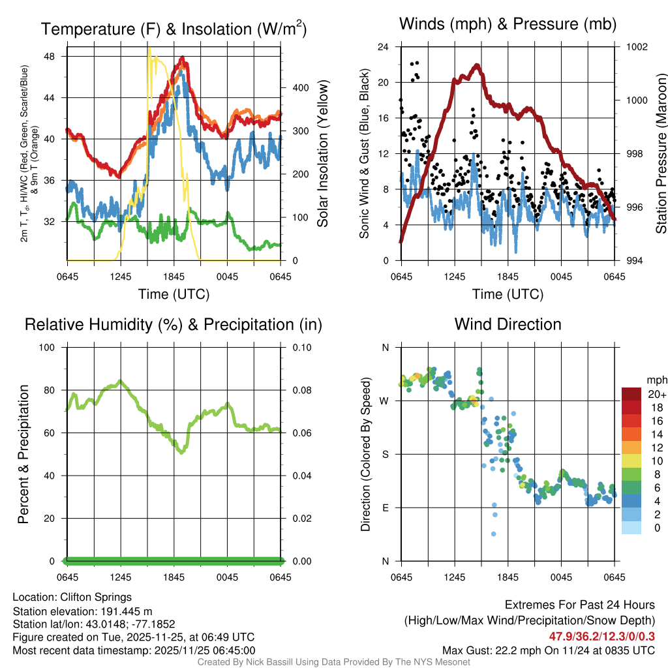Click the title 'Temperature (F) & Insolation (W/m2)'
click(174, 29)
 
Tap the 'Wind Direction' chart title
click(508, 324)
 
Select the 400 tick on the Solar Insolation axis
click(294, 88)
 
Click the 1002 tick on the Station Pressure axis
click(635, 47)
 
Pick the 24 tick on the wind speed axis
click(384, 47)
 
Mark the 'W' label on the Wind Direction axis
click(385, 401)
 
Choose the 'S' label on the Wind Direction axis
click(386, 455)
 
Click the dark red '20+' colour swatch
click(631, 394)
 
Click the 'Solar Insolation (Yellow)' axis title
click(322, 154)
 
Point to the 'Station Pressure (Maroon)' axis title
click(661, 154)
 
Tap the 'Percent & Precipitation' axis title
click(23, 454)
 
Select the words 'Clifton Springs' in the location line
click(96, 597)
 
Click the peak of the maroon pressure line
click(477, 65)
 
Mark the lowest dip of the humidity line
click(181, 451)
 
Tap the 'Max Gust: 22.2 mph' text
click(496, 650)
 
